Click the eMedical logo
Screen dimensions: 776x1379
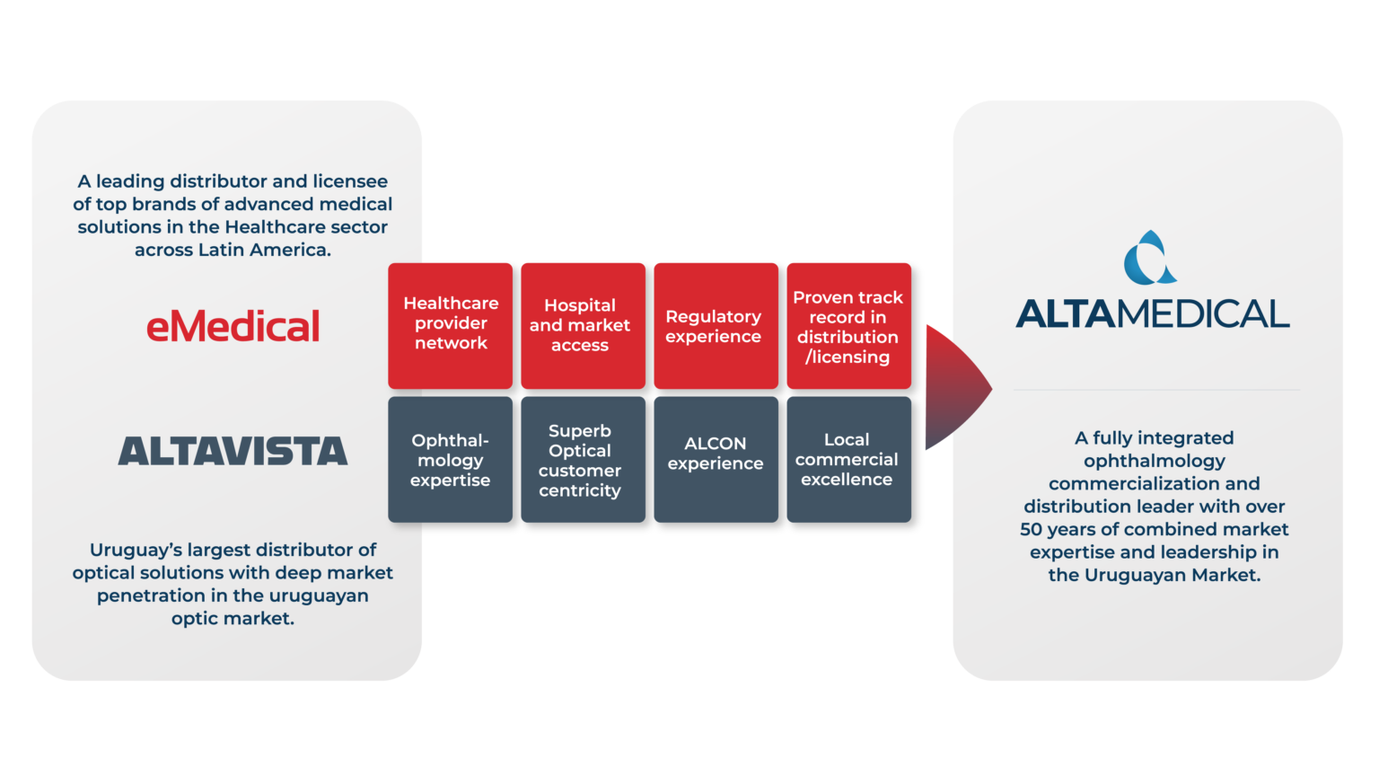233,326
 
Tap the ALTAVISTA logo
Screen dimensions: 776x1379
233,451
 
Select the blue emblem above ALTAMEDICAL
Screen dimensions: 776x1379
1150,258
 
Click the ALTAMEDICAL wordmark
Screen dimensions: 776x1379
1153,313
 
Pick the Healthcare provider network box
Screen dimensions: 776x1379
451,324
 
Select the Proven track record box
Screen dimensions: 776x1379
848,326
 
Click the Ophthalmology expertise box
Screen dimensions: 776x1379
451,460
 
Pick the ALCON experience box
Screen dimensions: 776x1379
716,454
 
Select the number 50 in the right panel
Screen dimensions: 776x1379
1031,530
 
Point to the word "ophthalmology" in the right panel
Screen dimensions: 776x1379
1154,461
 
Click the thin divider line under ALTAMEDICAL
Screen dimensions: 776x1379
1156,390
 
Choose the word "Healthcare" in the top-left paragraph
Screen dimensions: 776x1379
271,227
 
